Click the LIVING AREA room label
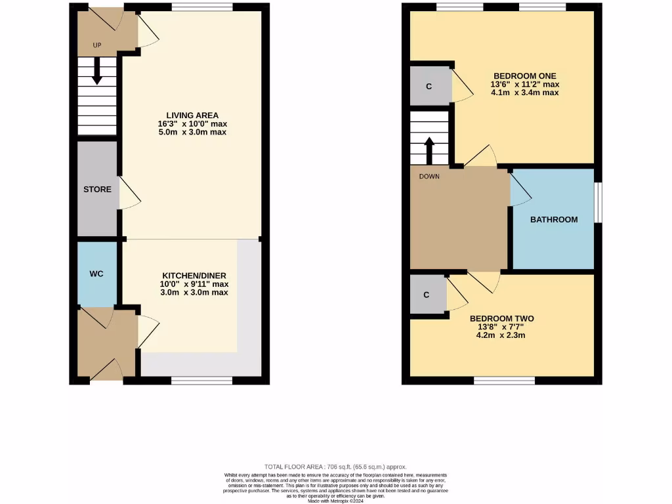(x=192, y=115)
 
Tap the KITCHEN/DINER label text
(x=194, y=276)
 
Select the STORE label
(x=97, y=190)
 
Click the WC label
(x=96, y=274)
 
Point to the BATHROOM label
(x=554, y=220)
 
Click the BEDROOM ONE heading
(x=524, y=75)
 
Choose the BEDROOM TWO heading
(x=501, y=319)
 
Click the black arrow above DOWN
(x=429, y=150)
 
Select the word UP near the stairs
(x=97, y=45)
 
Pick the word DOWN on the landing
(x=429, y=177)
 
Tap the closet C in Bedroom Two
(x=427, y=295)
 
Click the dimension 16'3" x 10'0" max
(x=192, y=124)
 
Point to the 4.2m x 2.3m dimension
(x=501, y=335)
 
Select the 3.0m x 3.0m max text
(x=194, y=293)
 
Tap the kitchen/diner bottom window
(x=201, y=380)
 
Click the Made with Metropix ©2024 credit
(x=335, y=501)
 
